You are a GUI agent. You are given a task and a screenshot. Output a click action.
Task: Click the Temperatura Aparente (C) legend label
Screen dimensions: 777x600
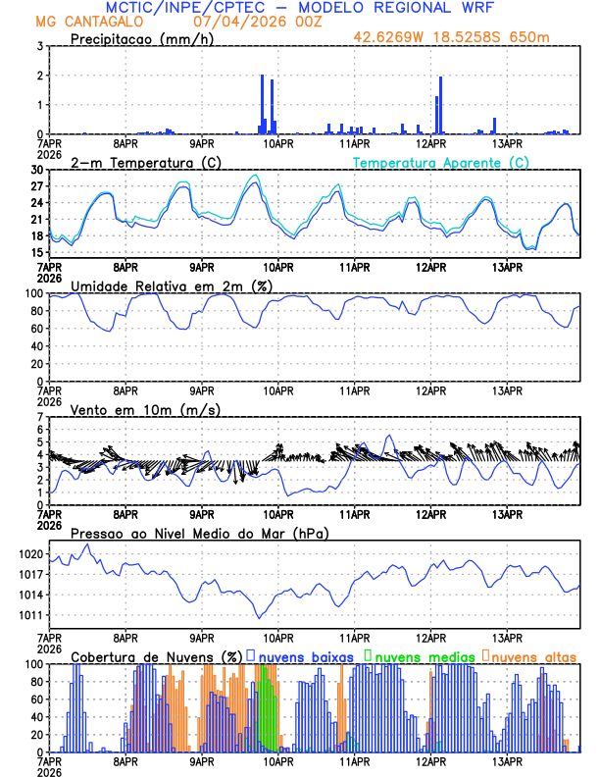(x=440, y=162)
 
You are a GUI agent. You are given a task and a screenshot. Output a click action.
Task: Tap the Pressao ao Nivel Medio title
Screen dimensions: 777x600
(x=199, y=533)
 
